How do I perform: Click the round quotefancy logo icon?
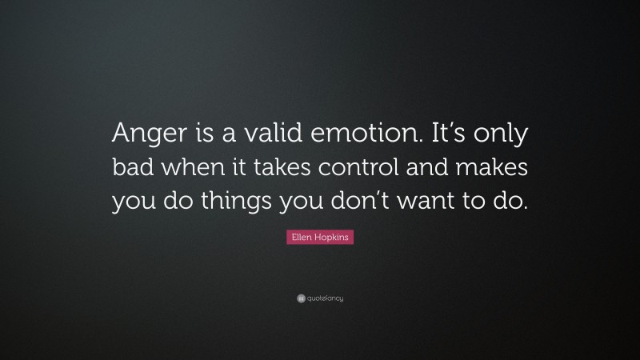tap(301, 298)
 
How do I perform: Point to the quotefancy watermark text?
tap(326, 298)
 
